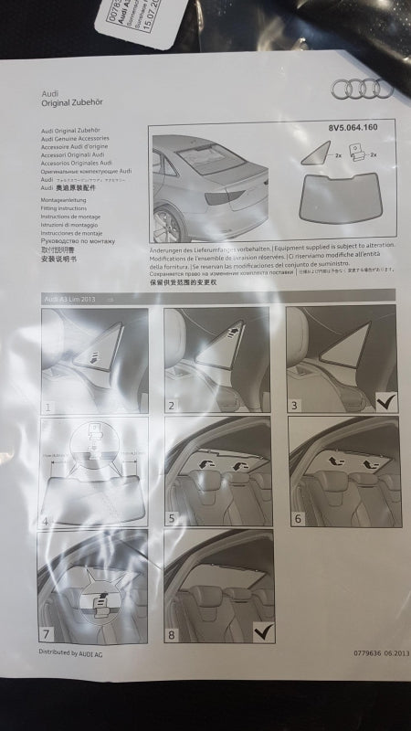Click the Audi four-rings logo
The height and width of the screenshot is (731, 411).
(x=363, y=89)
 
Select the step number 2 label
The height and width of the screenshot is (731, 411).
(x=172, y=404)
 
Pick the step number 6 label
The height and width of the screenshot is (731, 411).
(x=294, y=518)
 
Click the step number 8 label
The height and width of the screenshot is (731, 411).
(x=172, y=631)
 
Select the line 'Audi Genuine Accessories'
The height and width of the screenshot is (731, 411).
(x=75, y=139)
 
